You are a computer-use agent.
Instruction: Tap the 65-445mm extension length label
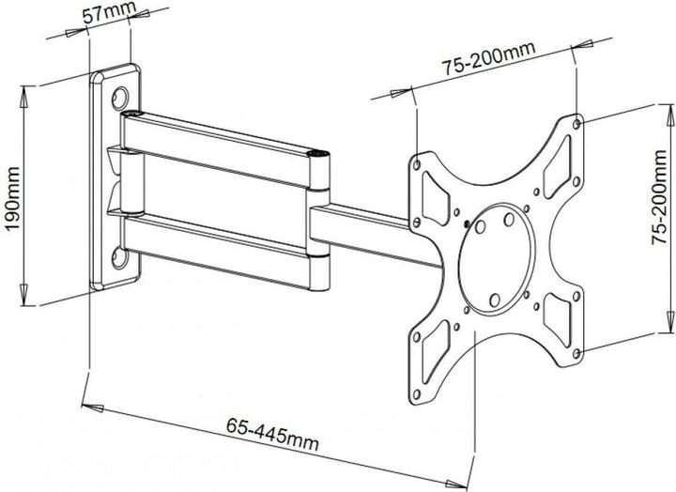point(272,439)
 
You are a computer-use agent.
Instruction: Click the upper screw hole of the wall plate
point(120,96)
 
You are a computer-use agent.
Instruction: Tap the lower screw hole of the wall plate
point(120,254)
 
